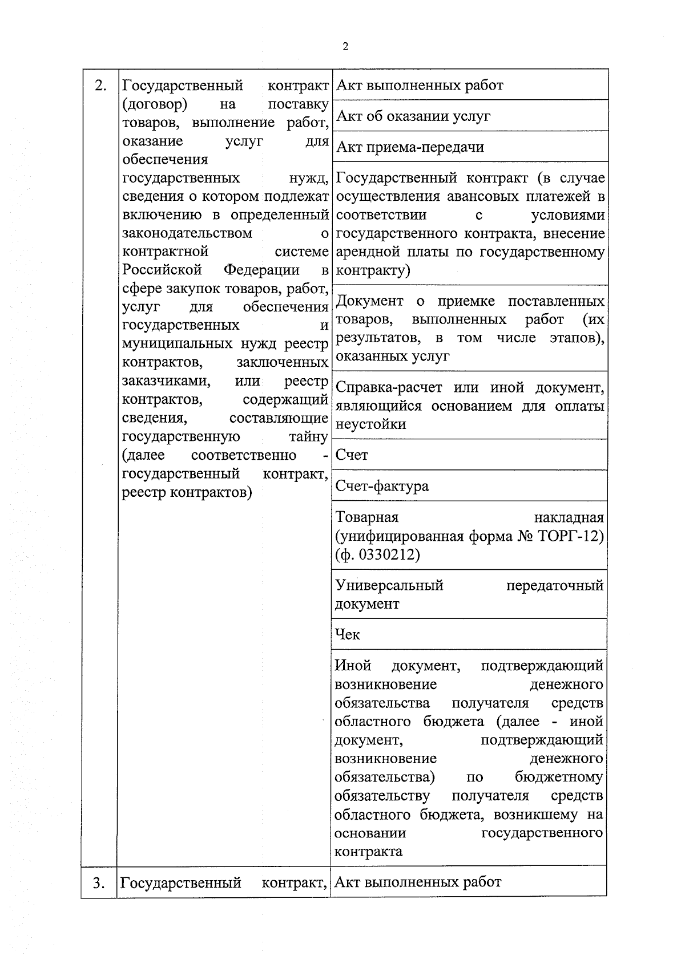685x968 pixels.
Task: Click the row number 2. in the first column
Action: (x=100, y=86)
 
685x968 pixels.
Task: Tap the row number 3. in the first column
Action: (x=99, y=882)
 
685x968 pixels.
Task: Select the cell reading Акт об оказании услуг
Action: (x=413, y=116)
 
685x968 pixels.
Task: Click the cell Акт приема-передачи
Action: (x=410, y=147)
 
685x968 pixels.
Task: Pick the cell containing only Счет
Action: (x=352, y=455)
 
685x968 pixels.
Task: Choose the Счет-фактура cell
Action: (x=382, y=486)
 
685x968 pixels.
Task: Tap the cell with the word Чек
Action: (x=348, y=634)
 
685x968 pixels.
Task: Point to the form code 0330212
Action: (x=388, y=554)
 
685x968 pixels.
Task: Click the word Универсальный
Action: (x=389, y=585)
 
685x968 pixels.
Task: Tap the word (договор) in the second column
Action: (x=155, y=104)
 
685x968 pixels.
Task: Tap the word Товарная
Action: (x=366, y=517)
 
